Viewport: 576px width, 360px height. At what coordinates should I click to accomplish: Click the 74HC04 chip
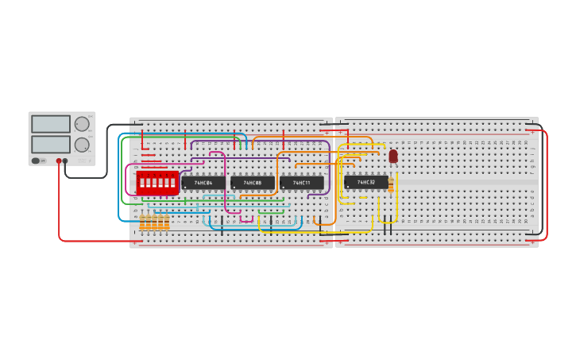click(x=203, y=183)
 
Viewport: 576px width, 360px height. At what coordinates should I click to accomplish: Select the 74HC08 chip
click(x=253, y=183)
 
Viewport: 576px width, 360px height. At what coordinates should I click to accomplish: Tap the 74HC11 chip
click(x=301, y=183)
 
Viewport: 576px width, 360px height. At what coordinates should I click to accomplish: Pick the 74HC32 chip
click(x=366, y=182)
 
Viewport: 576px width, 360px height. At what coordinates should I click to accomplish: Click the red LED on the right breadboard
click(x=393, y=156)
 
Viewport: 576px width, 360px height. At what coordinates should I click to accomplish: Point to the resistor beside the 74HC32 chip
click(x=391, y=185)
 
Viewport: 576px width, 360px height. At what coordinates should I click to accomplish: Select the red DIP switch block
click(x=157, y=183)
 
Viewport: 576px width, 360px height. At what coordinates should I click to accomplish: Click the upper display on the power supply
click(x=51, y=124)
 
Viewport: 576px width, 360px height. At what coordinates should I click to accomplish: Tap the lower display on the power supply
click(x=51, y=144)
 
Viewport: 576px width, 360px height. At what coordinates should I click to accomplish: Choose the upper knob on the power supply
click(x=82, y=124)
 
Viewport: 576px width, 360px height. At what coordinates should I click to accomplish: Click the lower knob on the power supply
click(x=82, y=145)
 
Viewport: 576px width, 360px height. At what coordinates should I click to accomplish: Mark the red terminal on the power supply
click(x=59, y=161)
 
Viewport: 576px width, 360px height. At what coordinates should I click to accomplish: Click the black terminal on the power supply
click(x=65, y=161)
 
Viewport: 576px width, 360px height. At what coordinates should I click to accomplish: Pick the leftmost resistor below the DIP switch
click(x=143, y=223)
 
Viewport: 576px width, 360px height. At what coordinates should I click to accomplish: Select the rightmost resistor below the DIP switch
click(x=167, y=223)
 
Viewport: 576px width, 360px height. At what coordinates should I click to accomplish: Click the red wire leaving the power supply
click(x=59, y=207)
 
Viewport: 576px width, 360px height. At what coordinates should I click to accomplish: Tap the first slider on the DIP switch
click(x=141, y=183)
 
